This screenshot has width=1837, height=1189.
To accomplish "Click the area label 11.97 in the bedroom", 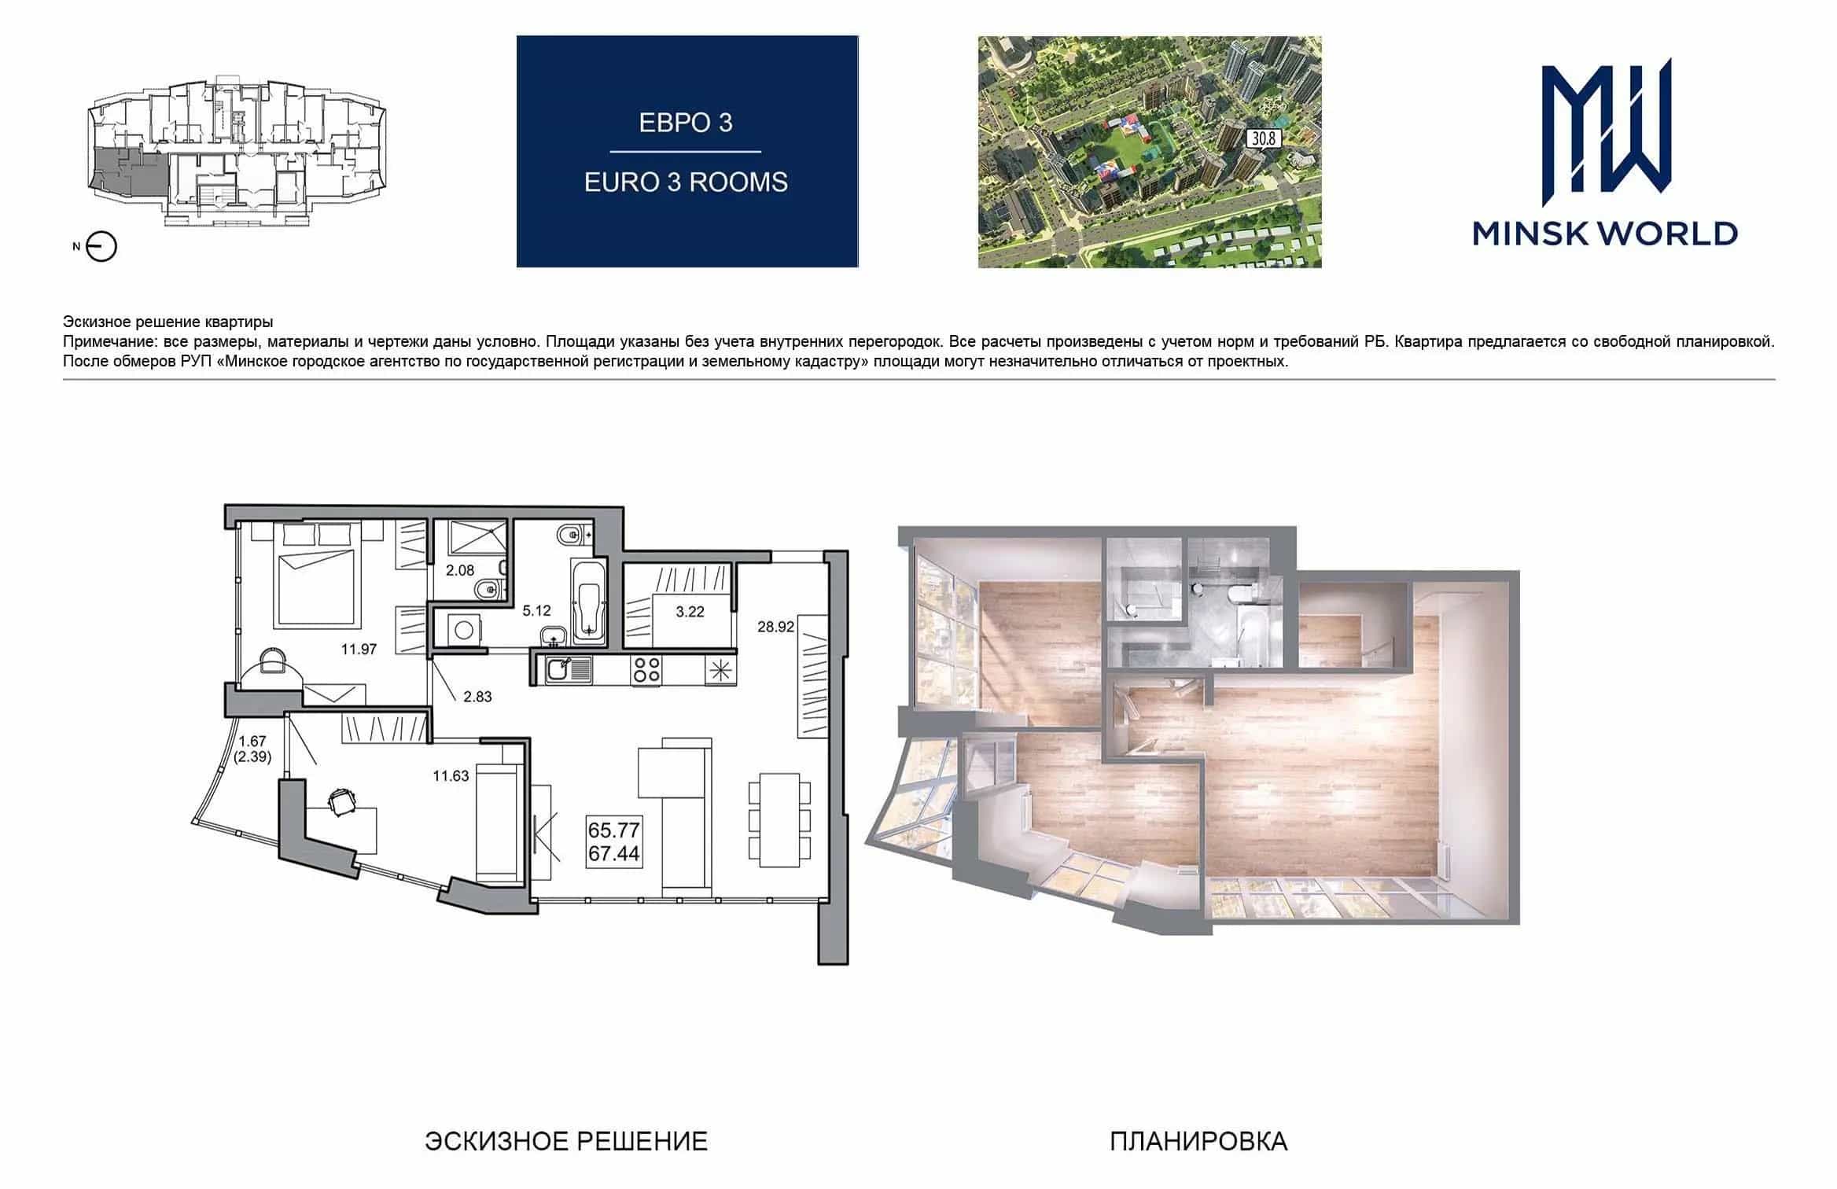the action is click(359, 650).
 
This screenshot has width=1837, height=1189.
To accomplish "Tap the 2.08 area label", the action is click(460, 571).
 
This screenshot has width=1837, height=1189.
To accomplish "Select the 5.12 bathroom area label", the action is click(536, 611).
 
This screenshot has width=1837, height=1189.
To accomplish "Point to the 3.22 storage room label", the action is click(690, 612).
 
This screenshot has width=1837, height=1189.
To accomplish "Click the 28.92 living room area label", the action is click(775, 627).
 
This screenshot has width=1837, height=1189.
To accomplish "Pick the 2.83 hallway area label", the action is click(477, 697).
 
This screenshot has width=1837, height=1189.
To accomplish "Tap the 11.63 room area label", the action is click(451, 776).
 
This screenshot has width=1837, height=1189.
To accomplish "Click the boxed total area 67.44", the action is click(614, 853).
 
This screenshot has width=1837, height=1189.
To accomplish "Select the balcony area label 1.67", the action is click(252, 741).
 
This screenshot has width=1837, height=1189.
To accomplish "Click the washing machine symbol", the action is click(464, 629).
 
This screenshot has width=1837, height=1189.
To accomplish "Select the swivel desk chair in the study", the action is click(341, 803).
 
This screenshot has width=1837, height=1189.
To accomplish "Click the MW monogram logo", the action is click(1606, 126).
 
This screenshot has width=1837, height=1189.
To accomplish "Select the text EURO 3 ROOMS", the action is click(686, 182).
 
